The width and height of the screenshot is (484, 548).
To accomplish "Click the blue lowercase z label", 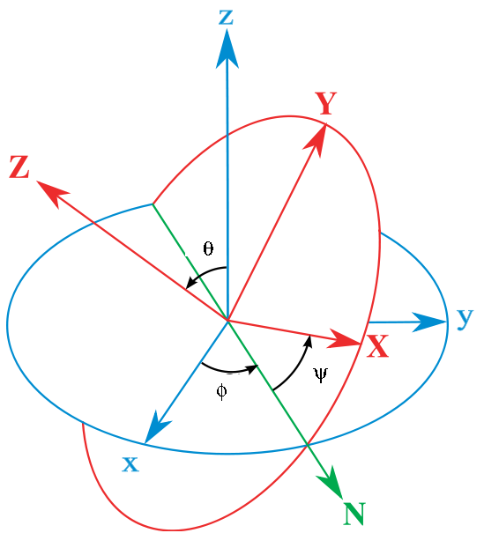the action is pyautogui.click(x=226, y=18).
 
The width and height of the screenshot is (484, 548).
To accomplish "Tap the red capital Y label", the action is pyautogui.click(x=325, y=103).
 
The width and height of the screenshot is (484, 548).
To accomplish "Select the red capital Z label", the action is pyautogui.click(x=19, y=167).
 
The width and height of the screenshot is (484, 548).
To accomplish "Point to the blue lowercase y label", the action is pyautogui.click(x=465, y=318).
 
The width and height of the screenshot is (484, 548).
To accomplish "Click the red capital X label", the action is pyautogui.click(x=377, y=345).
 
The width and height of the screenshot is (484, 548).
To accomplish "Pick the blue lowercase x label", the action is pyautogui.click(x=130, y=464).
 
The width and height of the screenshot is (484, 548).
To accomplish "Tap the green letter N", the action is pyautogui.click(x=354, y=514).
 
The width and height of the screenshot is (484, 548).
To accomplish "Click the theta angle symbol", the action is pyautogui.click(x=208, y=248).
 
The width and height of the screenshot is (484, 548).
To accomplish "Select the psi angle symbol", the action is pyautogui.click(x=321, y=375).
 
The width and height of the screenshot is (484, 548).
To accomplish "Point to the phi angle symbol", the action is pyautogui.click(x=221, y=391).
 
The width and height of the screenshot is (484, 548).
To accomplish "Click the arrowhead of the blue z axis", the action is pyautogui.click(x=227, y=48).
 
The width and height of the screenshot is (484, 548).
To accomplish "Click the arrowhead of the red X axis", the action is pyautogui.click(x=344, y=339).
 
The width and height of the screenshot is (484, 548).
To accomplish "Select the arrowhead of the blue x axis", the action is pyautogui.click(x=156, y=428).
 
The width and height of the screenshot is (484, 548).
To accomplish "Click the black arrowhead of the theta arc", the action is pyautogui.click(x=191, y=281).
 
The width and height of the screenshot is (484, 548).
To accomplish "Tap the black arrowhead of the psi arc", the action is pyautogui.click(x=308, y=341).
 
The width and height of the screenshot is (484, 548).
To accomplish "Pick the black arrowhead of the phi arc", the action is pyautogui.click(x=252, y=369).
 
